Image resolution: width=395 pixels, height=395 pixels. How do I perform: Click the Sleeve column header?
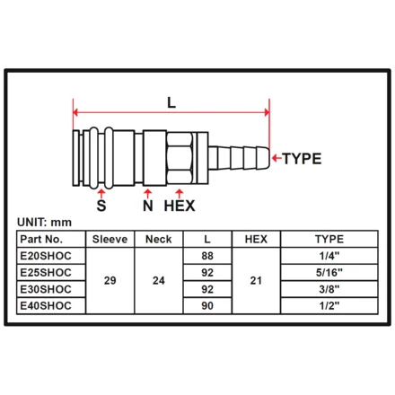coord(110,239)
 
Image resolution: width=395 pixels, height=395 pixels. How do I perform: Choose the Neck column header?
coord(159,239)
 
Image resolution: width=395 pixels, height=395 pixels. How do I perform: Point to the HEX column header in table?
coord(256,239)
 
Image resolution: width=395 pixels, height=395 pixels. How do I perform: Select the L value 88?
coord(207,256)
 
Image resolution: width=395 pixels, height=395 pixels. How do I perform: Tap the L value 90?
coord(207,306)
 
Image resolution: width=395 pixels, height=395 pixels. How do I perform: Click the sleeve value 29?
coord(110,281)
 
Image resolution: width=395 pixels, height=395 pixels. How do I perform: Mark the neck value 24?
coord(159,281)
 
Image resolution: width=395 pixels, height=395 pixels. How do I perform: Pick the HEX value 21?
coord(256,281)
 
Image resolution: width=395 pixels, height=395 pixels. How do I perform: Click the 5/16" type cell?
coord(329,273)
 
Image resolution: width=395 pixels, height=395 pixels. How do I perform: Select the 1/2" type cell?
coord(329,306)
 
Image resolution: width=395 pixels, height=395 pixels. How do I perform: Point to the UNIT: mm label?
coord(44,223)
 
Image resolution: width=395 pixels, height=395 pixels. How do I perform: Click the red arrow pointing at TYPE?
coord(276,158)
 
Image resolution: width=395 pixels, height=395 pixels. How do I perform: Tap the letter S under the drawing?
coord(101,206)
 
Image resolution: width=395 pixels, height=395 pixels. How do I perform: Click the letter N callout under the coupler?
coord(148,206)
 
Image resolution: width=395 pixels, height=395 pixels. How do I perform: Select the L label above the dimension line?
coord(171,102)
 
